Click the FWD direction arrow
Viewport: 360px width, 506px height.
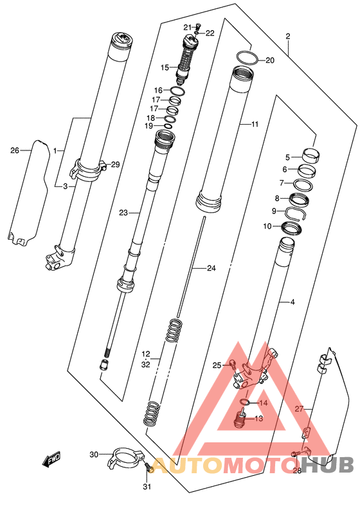(51, 459)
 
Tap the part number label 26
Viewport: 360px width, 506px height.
(15, 150)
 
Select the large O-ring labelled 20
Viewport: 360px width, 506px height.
(248, 58)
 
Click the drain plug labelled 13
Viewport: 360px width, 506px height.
(240, 418)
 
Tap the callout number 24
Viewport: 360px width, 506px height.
(211, 268)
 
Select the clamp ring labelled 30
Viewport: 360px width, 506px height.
(124, 457)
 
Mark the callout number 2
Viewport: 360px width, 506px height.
(288, 36)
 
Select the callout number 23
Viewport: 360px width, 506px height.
(123, 213)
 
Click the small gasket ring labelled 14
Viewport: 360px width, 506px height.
(246, 402)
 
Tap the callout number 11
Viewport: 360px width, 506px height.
(255, 124)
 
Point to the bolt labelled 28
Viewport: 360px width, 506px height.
(294, 454)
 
